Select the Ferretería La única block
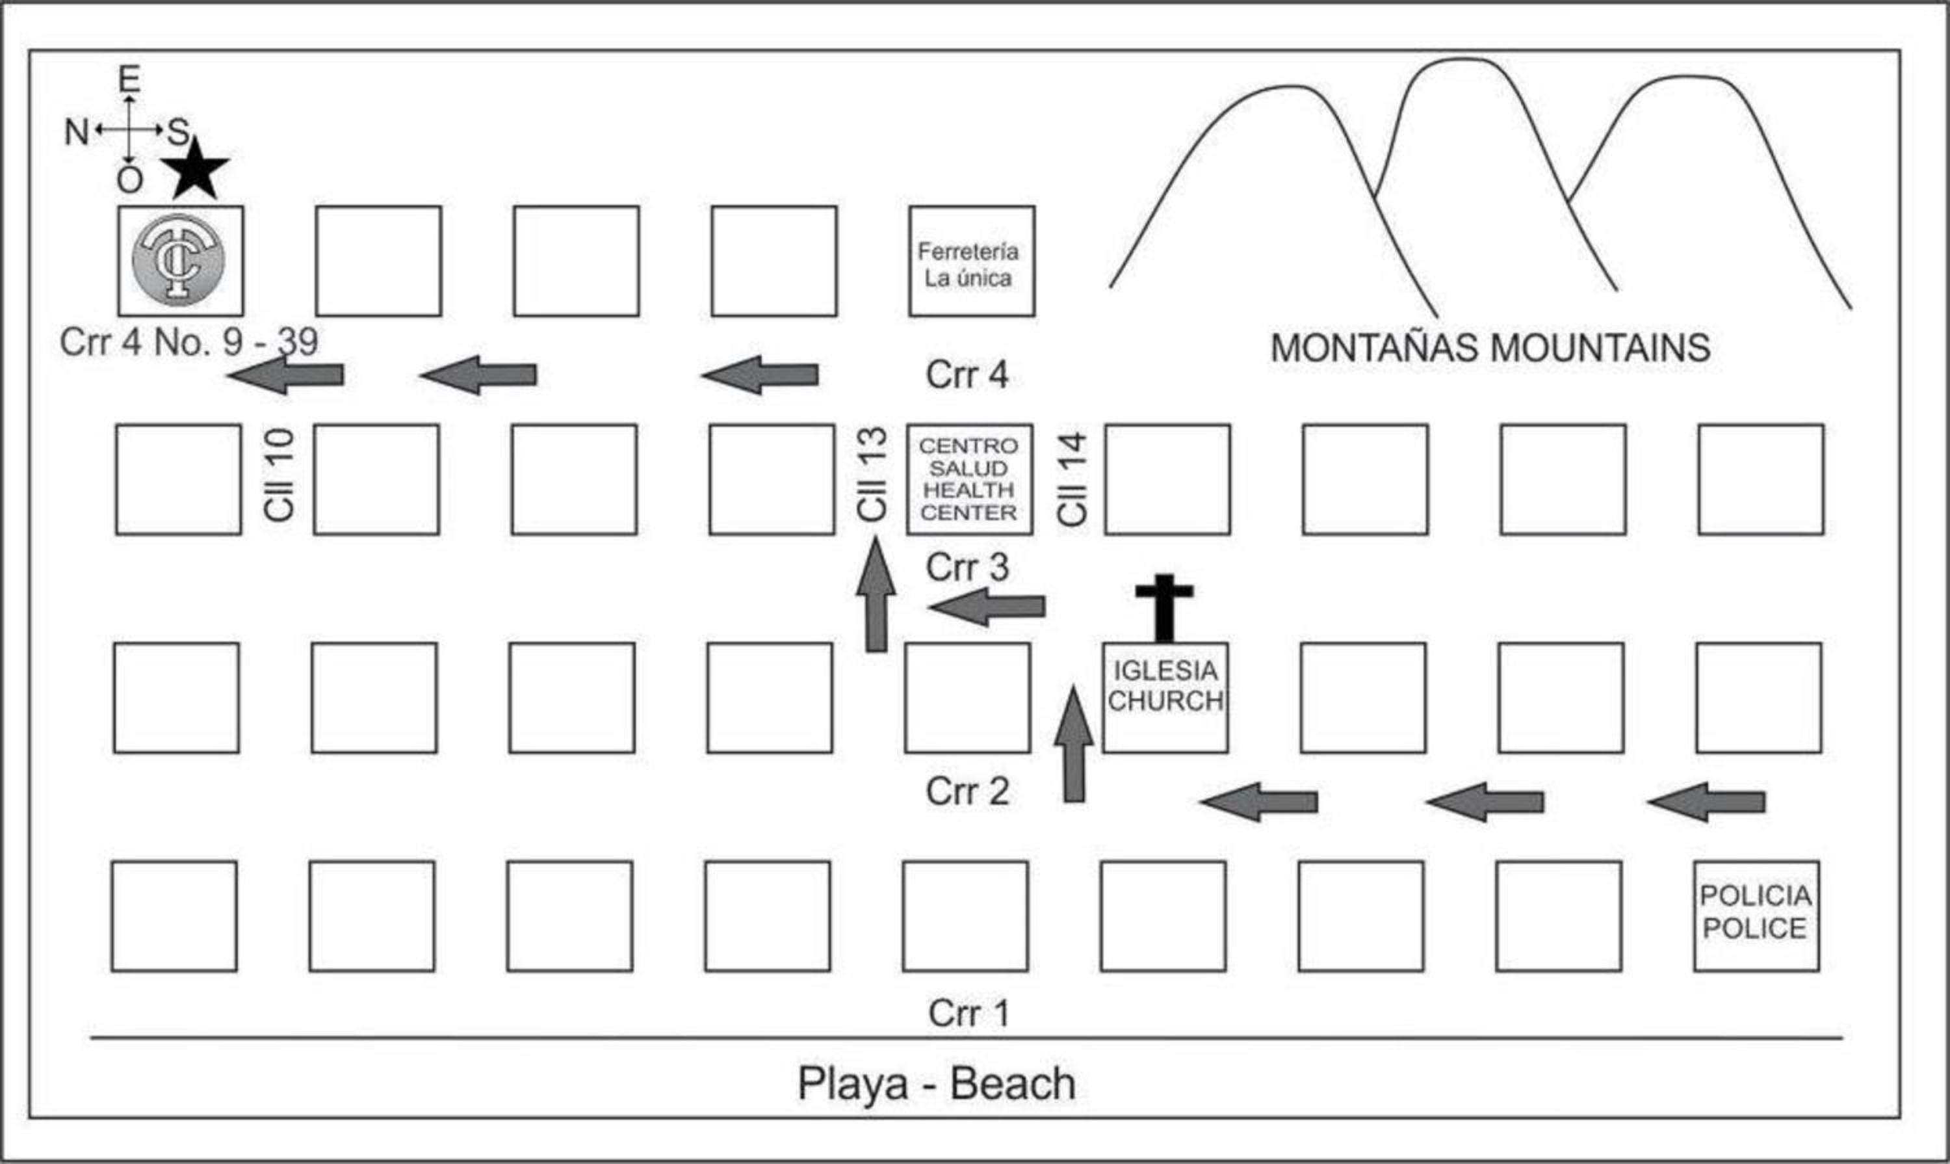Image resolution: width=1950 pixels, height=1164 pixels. (972, 262)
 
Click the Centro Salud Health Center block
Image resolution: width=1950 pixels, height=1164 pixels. (969, 479)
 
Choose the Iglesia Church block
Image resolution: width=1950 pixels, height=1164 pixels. (1165, 697)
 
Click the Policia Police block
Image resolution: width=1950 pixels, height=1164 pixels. (1756, 916)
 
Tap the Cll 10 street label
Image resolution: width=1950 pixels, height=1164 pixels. (279, 475)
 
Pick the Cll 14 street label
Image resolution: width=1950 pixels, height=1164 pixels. (1072, 479)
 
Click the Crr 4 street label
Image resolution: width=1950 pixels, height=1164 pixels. (966, 375)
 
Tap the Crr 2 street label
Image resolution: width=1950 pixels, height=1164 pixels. (967, 791)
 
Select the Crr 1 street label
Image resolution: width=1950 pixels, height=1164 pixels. (968, 1013)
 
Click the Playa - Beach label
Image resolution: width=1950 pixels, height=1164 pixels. (936, 1084)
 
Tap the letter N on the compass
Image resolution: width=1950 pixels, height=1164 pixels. (75, 132)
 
